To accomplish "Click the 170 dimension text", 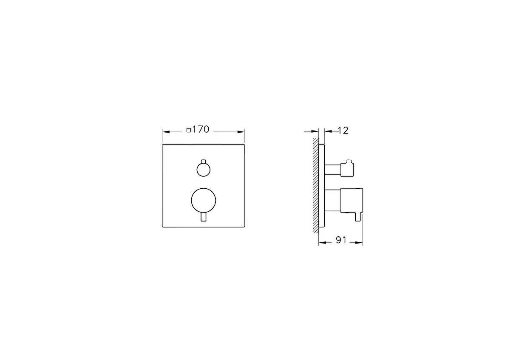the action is tap(201, 129).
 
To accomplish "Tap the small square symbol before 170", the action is tap(189, 130).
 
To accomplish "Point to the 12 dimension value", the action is tap(343, 130).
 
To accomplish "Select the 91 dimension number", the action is tap(341, 240).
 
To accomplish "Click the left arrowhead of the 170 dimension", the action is tap(166, 132).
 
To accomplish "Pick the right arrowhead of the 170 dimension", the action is tap(241, 132).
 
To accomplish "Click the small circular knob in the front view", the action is tap(203, 170).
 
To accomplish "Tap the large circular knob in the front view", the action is tap(203, 200).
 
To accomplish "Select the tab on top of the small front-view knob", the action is tap(203, 162).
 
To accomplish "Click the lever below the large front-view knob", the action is tap(203, 216).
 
